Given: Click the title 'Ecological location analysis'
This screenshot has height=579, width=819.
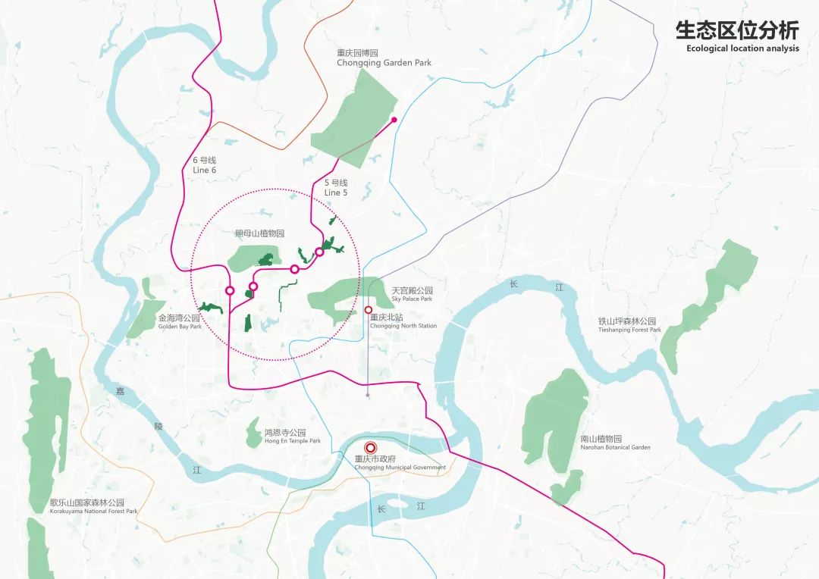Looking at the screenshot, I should (x=742, y=49).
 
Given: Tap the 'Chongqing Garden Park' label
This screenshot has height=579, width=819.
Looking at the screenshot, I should (x=384, y=63).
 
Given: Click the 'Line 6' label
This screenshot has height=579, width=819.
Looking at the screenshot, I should (x=205, y=170).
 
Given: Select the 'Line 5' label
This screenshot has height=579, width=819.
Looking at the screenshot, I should (x=335, y=192).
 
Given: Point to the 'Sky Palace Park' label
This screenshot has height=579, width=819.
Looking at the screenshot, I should (x=412, y=299).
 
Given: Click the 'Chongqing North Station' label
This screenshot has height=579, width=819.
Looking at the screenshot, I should (x=403, y=326).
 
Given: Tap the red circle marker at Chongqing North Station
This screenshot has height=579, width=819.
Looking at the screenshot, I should (x=368, y=310).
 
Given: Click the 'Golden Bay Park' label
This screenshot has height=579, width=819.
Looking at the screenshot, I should (x=180, y=327).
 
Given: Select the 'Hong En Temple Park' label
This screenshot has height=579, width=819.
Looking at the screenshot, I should (x=292, y=440).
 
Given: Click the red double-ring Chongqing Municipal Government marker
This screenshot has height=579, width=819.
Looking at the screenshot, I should (x=370, y=448).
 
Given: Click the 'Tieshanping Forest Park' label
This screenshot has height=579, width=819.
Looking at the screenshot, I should (x=629, y=330).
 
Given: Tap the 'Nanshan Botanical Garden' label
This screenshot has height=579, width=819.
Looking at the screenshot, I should (x=615, y=447).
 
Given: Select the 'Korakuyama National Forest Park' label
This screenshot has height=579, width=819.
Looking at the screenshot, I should (x=93, y=512).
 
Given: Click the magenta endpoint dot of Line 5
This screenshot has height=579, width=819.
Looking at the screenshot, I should (x=394, y=119).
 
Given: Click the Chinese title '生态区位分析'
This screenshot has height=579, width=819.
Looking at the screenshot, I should (x=737, y=31).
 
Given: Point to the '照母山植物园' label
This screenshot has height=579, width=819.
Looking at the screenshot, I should (x=259, y=234).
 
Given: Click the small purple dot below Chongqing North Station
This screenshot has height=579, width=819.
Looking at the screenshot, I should (x=368, y=395).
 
